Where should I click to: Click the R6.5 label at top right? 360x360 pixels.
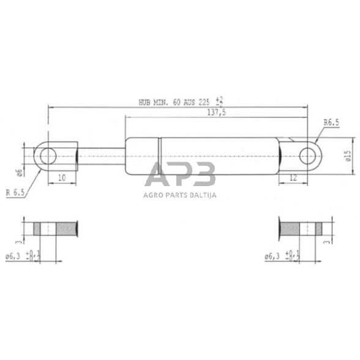(332, 122)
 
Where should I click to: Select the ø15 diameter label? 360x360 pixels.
(347, 157)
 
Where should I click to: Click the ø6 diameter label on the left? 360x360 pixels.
(20, 172)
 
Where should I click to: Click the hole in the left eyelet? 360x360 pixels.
(48, 156)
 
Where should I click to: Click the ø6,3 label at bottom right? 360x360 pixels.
(272, 257)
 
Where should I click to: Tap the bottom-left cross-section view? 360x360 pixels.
(56, 230)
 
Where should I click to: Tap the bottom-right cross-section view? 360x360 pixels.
(300, 230)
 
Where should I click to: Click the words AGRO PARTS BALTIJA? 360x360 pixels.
(181, 195)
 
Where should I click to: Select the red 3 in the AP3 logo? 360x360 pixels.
(204, 175)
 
